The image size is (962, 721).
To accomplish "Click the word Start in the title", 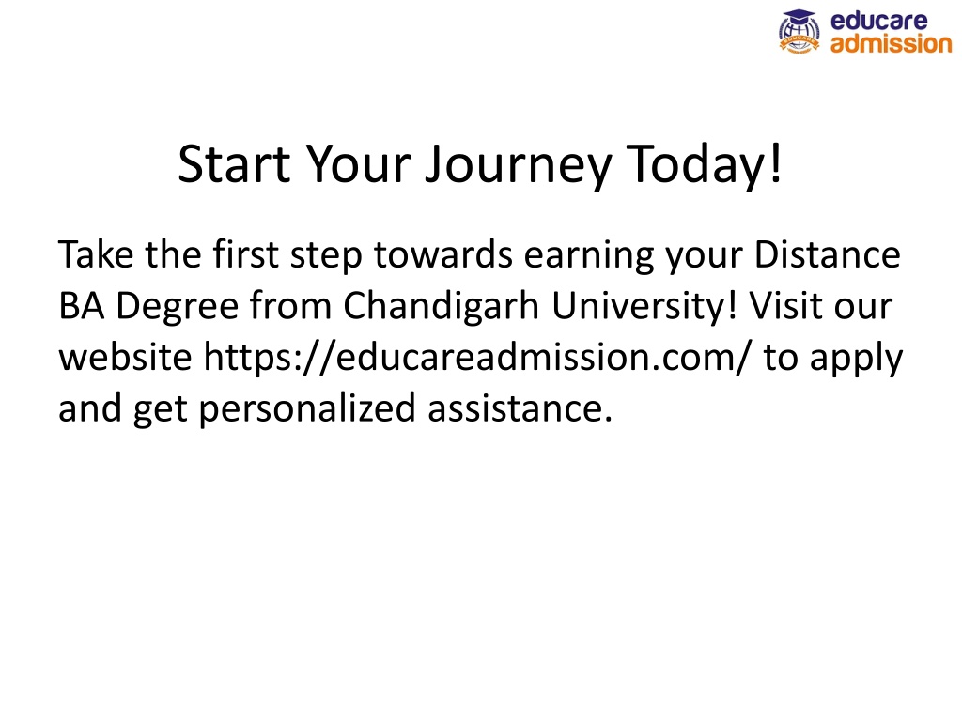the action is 234,163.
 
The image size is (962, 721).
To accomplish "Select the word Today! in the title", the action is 705,165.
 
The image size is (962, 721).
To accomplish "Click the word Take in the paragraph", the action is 96,253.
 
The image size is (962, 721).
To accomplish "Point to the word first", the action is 245,253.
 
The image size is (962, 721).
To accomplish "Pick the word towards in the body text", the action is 443,253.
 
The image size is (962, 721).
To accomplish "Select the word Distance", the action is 827,253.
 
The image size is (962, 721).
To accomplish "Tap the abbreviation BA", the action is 81,305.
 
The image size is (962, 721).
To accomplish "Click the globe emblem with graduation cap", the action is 799,32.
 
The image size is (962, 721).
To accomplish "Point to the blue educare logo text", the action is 879,21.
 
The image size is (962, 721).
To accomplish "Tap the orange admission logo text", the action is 891,43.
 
